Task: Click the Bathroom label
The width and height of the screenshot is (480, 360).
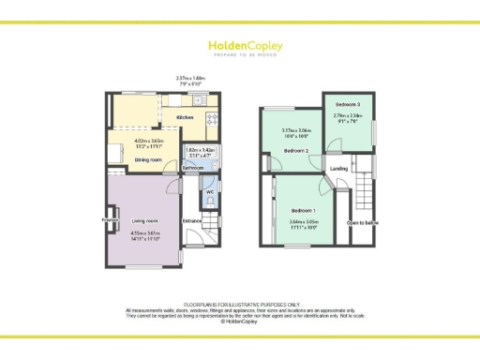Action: point(193,168)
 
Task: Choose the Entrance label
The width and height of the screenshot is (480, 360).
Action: point(193,221)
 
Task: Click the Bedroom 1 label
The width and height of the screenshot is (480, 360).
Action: point(303,210)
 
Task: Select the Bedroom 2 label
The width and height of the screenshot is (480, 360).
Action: point(297,150)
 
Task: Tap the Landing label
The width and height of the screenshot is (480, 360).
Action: point(339,169)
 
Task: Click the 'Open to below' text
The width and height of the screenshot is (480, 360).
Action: point(363,223)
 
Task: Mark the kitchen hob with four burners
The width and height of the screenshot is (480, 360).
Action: point(212,118)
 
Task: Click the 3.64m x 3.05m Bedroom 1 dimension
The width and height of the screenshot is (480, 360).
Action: point(304,223)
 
